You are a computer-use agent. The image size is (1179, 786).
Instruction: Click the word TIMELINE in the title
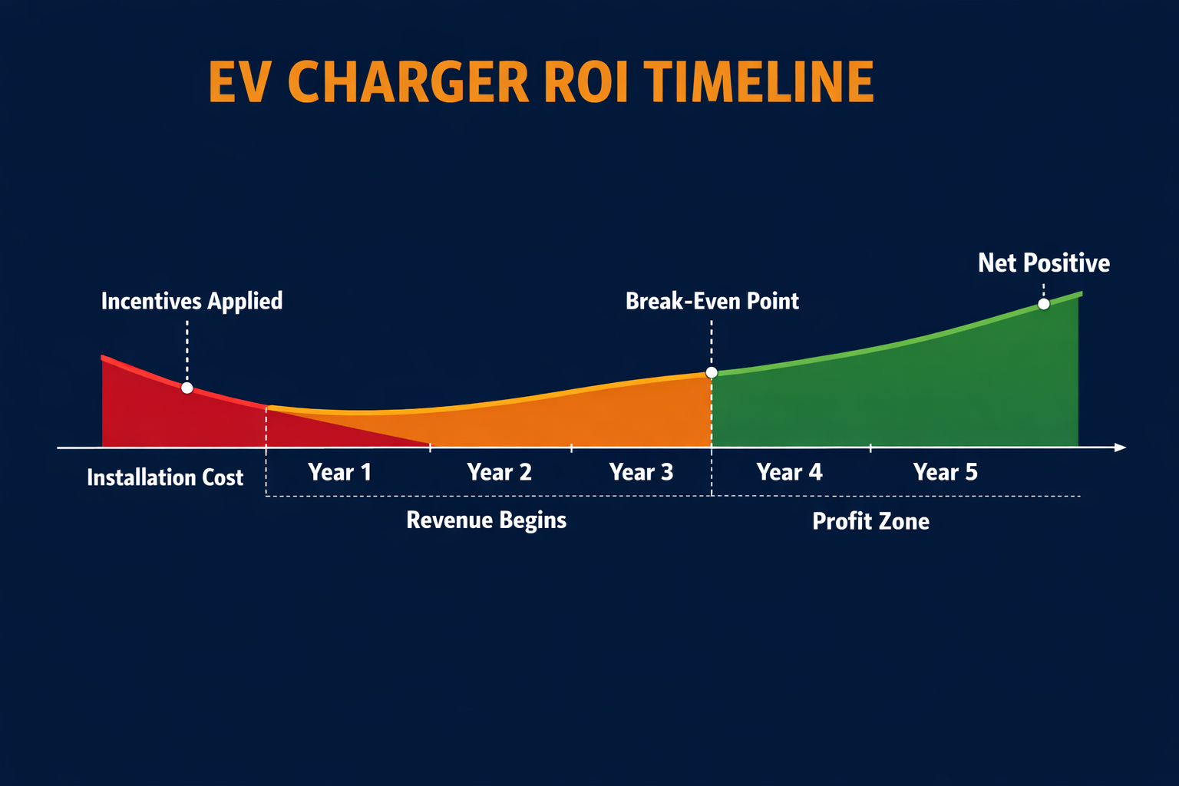pyautogui.click(x=758, y=82)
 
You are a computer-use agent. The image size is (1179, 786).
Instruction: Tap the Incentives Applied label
pyautogui.click(x=192, y=301)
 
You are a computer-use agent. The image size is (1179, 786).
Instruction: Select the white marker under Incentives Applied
pyautogui.click(x=187, y=388)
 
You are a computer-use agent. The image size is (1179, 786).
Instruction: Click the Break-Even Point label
pyautogui.click(x=712, y=301)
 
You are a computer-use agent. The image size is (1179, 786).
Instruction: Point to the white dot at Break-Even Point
pyautogui.click(x=712, y=372)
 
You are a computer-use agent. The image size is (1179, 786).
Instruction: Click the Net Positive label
pyautogui.click(x=1043, y=263)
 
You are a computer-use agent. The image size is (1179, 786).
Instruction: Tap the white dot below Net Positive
pyautogui.click(x=1043, y=304)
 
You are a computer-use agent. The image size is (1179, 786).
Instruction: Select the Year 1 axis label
pyautogui.click(x=339, y=472)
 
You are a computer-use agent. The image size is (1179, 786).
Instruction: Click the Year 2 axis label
pyautogui.click(x=499, y=472)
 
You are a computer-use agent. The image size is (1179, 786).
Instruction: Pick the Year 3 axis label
pyautogui.click(x=641, y=472)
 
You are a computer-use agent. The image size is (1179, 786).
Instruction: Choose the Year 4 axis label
pyautogui.click(x=789, y=472)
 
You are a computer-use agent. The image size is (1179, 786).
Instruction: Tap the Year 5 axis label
pyautogui.click(x=945, y=472)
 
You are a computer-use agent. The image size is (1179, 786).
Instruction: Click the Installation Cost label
pyautogui.click(x=165, y=477)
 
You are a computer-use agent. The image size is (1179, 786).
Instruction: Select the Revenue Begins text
pyautogui.click(x=486, y=520)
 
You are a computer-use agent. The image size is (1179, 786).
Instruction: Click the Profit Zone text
pyautogui.click(x=870, y=522)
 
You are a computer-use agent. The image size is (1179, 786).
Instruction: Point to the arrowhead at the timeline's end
pyautogui.click(x=1120, y=447)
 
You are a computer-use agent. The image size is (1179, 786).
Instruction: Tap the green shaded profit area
pyautogui.click(x=921, y=399)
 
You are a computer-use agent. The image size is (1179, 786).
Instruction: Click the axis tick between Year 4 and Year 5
pyautogui.click(x=870, y=447)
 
